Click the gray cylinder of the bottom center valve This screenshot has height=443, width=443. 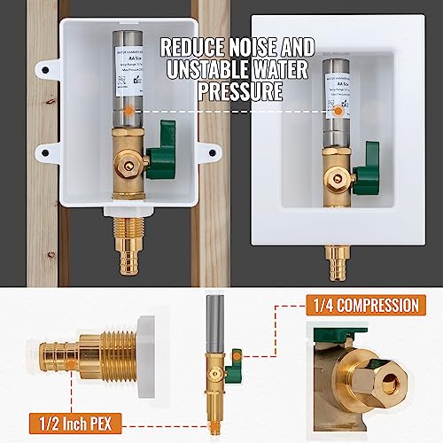217,315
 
